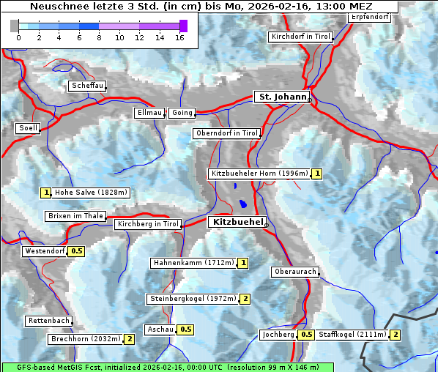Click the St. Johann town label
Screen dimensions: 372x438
tap(282, 97)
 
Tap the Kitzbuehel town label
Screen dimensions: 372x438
tap(237, 221)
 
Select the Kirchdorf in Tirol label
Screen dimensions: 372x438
tap(300, 36)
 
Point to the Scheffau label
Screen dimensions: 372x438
tap(87, 86)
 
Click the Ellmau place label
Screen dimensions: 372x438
tap(149, 113)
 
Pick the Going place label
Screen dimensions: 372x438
tap(182, 113)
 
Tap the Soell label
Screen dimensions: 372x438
tap(28, 128)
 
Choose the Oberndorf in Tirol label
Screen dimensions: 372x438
tap(227, 133)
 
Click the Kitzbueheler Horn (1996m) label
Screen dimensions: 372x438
tap(259, 174)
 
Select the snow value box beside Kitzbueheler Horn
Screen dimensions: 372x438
tap(317, 174)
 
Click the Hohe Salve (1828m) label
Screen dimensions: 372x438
tap(92, 193)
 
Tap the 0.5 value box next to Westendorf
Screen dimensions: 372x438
tap(77, 251)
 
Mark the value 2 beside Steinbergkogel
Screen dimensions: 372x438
tap(245, 299)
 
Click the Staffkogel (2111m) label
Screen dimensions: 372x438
tap(352, 335)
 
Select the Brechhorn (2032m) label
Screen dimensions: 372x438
tap(85, 339)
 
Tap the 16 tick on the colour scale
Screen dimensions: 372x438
tap(179, 37)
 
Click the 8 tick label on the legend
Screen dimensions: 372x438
tap(99, 37)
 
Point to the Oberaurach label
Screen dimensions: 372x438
tap(294, 272)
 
